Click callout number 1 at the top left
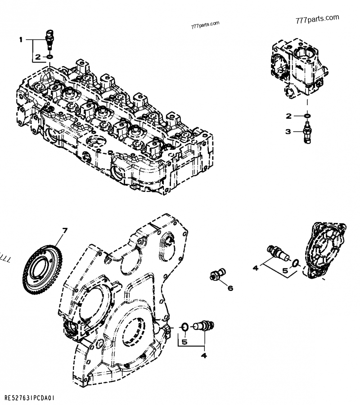(20, 40)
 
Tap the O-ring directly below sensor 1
(49, 57)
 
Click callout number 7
(64, 231)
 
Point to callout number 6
(230, 288)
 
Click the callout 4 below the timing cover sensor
(204, 356)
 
